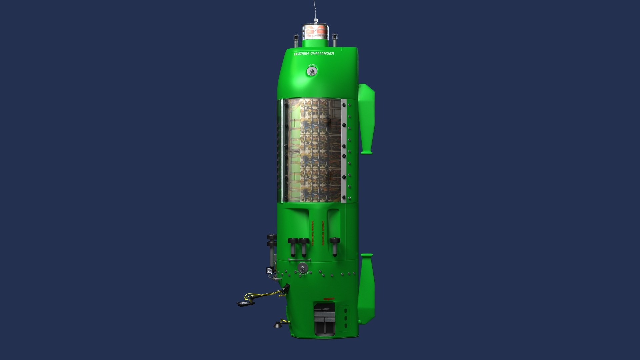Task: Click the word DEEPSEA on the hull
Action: [x=302, y=54]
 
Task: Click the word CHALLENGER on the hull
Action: [x=322, y=53]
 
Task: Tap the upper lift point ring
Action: [x=312, y=71]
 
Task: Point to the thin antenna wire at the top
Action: [x=314, y=10]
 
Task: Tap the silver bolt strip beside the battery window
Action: [x=344, y=150]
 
